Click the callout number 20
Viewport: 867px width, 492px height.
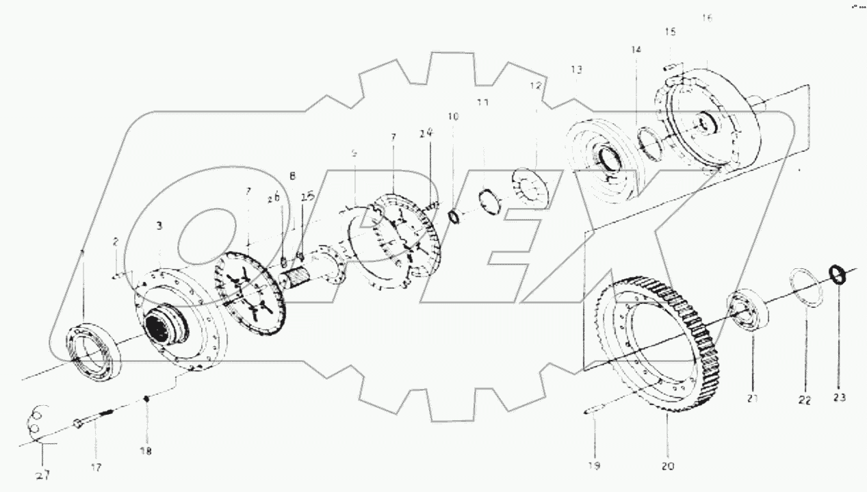[667, 467]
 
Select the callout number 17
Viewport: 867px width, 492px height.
[95, 468]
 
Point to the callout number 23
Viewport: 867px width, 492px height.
[840, 398]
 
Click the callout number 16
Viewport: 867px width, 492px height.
[707, 18]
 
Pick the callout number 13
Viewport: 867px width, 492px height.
[575, 70]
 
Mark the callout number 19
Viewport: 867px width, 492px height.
[593, 467]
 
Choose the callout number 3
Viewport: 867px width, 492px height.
[159, 225]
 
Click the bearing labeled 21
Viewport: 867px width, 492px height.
[751, 311]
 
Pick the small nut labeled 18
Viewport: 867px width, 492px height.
[146, 398]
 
